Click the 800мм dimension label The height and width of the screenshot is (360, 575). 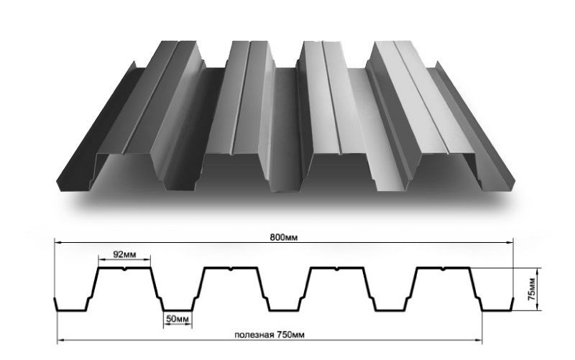tap(284, 237)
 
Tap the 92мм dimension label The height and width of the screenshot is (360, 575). tap(124, 254)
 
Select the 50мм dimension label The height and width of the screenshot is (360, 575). tap(178, 319)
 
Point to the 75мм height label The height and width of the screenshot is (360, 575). tap(531, 290)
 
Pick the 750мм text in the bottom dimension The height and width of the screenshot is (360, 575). tap(290, 335)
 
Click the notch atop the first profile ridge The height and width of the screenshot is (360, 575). tap(125, 269)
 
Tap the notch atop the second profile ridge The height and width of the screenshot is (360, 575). tap(231, 269)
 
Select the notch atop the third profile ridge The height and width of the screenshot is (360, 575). tap(336, 269)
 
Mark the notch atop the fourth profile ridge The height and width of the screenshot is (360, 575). tap(443, 269)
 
